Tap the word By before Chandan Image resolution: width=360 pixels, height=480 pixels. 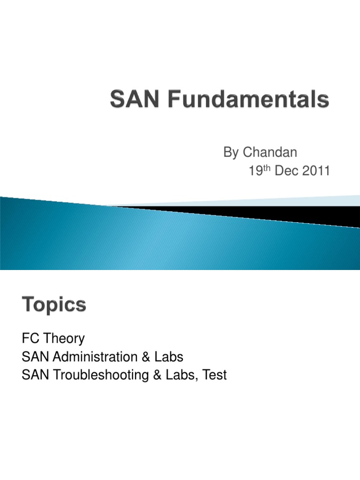point(231,152)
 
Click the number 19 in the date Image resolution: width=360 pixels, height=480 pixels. point(255,172)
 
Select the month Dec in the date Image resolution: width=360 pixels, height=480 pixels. point(285,172)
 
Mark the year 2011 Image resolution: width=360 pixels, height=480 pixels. point(315,172)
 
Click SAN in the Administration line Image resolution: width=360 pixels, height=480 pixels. point(36,357)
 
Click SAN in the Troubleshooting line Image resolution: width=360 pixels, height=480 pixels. point(36,375)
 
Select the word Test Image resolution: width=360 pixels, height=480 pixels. point(215,375)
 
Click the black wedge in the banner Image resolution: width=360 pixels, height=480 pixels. point(281,213)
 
